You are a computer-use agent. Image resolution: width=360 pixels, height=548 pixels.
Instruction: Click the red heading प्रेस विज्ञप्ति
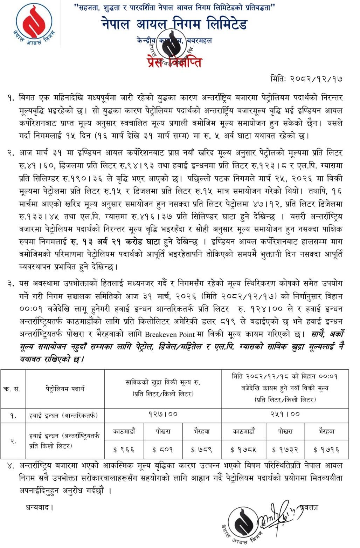[x=174, y=62]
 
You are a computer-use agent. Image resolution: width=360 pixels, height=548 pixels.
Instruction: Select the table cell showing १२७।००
[x=163, y=415]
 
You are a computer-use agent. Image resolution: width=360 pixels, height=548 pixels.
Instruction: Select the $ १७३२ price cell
[x=285, y=449]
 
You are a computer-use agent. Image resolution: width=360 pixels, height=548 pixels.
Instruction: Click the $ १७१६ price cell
[x=326, y=449]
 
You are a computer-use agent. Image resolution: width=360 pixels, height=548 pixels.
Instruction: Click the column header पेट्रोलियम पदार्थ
[x=65, y=389]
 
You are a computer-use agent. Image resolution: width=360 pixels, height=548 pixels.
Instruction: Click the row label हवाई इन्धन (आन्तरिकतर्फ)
[x=63, y=416]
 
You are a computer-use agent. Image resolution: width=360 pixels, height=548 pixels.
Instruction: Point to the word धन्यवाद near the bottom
[x=39, y=507]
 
